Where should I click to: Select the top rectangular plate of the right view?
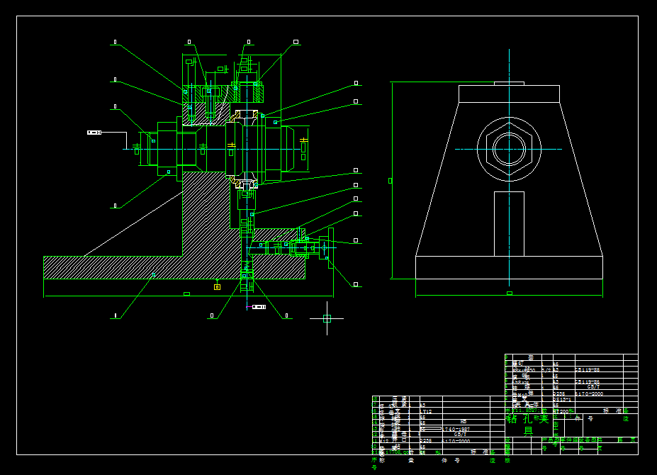(509, 94)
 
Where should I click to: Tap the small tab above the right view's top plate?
(509, 84)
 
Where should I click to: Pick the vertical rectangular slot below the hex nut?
(509, 223)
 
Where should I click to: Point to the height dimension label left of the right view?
(390, 181)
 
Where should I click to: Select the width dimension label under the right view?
(509, 293)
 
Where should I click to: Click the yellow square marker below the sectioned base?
(217, 286)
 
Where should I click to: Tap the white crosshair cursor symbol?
(327, 318)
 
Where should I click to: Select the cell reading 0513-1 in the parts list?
(561, 400)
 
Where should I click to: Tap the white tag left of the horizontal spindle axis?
(94, 133)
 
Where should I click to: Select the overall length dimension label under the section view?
(186, 294)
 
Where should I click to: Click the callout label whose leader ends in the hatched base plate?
(114, 315)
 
